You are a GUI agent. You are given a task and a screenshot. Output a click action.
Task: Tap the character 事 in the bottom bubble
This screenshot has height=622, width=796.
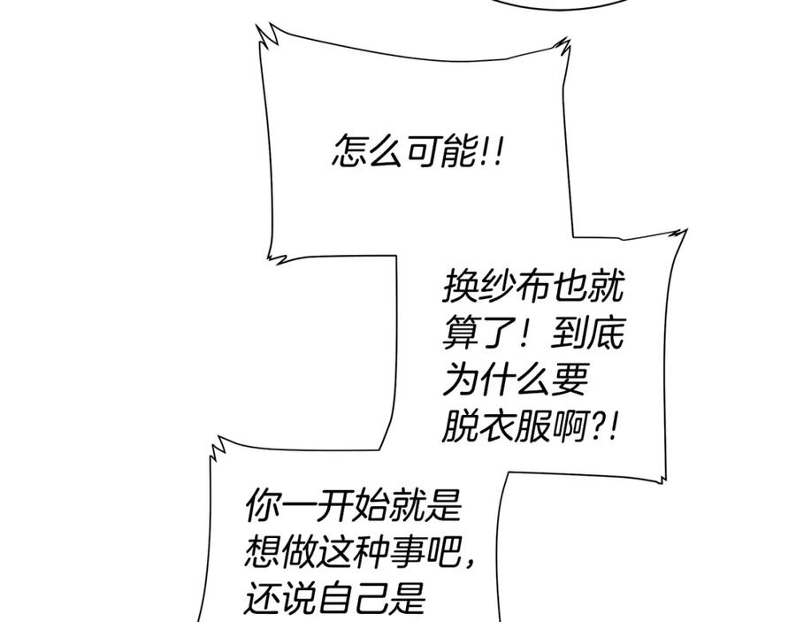pyautogui.click(x=407, y=551)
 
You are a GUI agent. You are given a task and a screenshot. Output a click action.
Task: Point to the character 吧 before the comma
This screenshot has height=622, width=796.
pyautogui.click(x=443, y=551)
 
